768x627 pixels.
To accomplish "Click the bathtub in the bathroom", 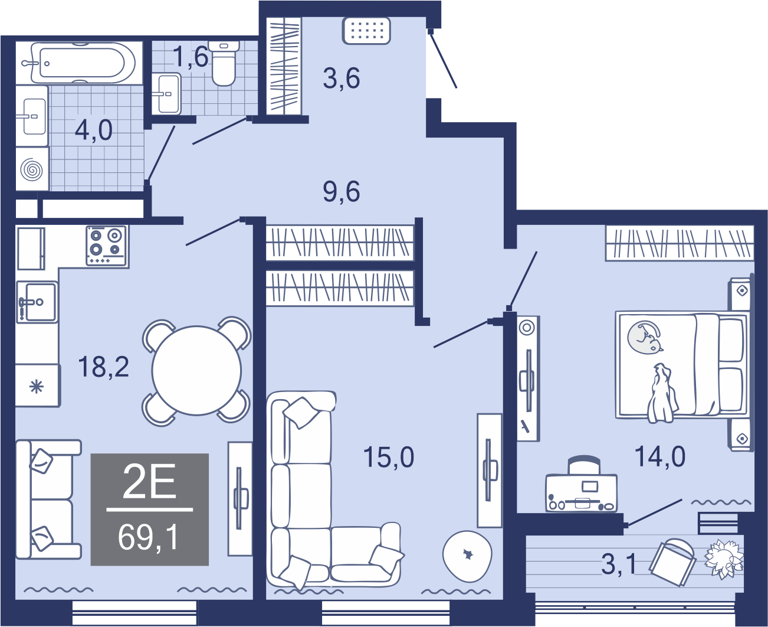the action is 83,63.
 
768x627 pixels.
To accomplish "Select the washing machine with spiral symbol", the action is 32,169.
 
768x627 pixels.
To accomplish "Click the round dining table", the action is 196,370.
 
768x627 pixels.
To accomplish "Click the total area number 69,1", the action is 149,537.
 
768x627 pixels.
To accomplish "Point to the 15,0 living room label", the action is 389,457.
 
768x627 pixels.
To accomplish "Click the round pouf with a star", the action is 467,556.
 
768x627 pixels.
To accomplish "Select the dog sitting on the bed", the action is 662,393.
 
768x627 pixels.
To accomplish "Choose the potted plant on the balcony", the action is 723,559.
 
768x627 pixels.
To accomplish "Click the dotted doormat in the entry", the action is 366,31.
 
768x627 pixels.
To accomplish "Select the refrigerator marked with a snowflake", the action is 37,385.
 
